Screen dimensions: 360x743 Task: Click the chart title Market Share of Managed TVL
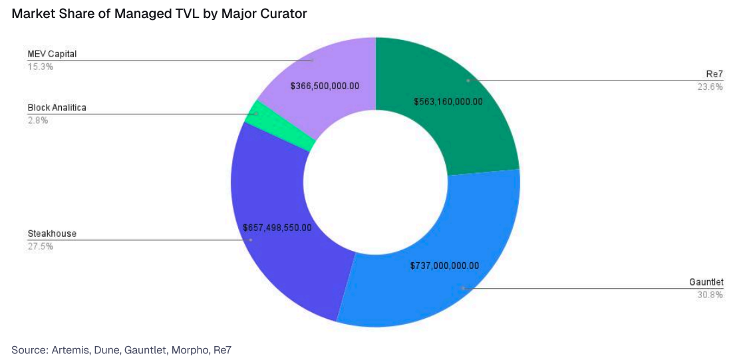[159, 13]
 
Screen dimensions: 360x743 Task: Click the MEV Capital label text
[53, 53]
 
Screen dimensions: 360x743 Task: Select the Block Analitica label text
[57, 107]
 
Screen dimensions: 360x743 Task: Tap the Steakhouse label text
[52, 234]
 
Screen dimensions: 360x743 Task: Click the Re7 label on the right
[714, 74]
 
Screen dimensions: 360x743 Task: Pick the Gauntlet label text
[706, 282]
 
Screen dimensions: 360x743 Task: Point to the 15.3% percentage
[40, 67]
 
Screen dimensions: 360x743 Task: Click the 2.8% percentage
[38, 120]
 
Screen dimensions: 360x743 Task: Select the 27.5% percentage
[40, 246]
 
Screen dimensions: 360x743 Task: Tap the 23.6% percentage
[710, 87]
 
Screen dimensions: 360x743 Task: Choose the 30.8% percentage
[710, 295]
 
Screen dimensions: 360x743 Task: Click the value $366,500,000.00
[325, 86]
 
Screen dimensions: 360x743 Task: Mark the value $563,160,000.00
[448, 102]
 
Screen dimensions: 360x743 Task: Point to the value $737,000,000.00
[444, 265]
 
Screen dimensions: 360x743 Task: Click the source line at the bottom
[121, 349]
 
